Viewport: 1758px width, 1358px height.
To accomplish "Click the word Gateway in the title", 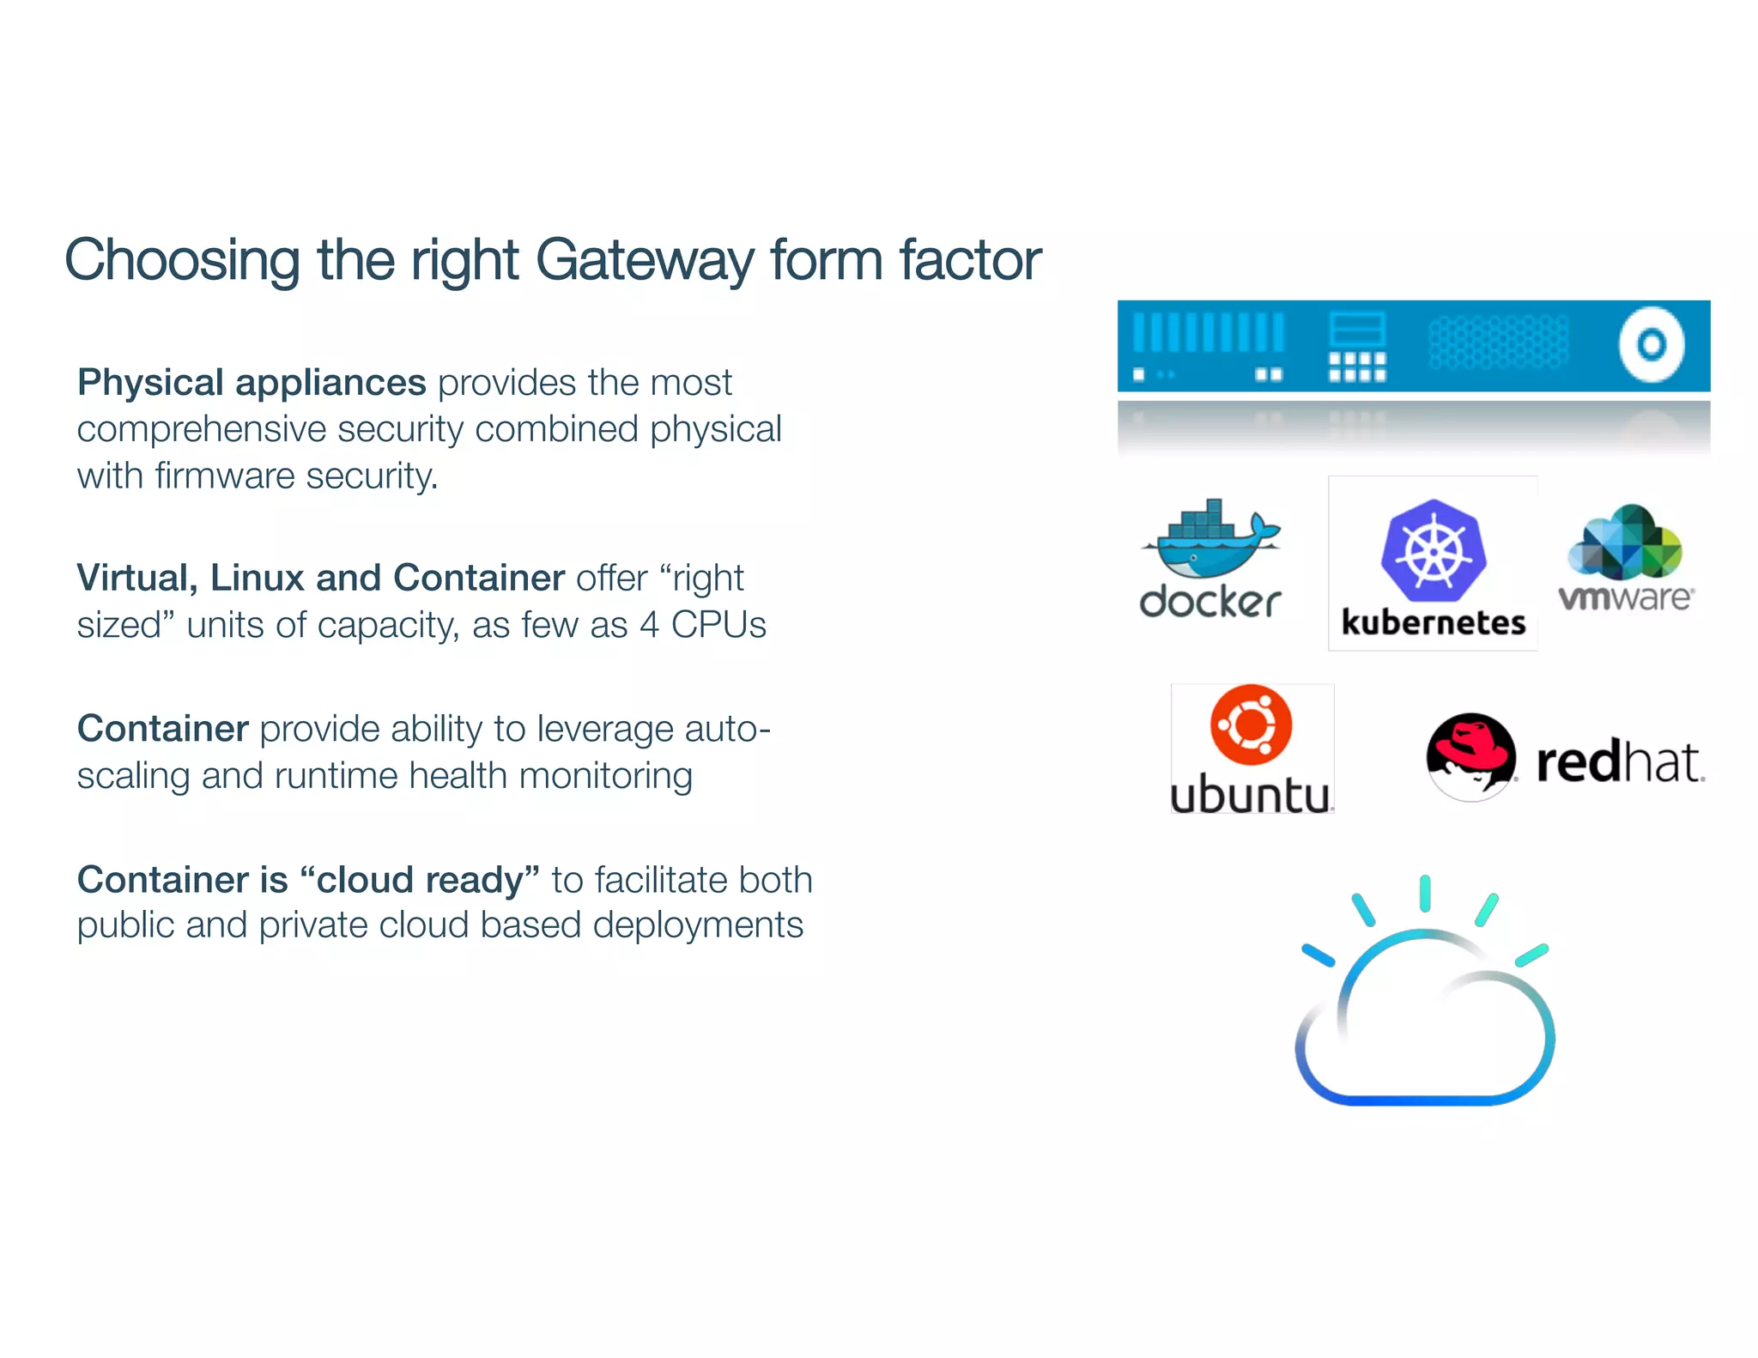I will click(645, 260).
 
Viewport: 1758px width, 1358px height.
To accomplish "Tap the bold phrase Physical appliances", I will click(252, 382).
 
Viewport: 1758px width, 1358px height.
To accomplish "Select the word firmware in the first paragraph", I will click(225, 476).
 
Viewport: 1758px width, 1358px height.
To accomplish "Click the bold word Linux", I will click(258, 578).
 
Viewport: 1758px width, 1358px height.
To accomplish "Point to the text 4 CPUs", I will click(702, 625).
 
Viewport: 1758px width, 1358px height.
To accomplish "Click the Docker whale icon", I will click(1210, 541).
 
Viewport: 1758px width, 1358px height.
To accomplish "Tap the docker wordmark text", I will click(1210, 602).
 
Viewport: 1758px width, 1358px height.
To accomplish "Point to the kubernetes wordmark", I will click(1433, 622).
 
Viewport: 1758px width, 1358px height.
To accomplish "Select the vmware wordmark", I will click(1625, 597).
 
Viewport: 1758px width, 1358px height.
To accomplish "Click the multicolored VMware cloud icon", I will click(1625, 543).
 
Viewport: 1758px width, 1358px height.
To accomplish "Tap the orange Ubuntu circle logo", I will click(1251, 724).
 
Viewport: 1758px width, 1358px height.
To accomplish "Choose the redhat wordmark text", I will click(1618, 761).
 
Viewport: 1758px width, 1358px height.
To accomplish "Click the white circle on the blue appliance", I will click(1651, 345).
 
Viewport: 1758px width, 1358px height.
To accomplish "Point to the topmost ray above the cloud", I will click(1425, 893).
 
